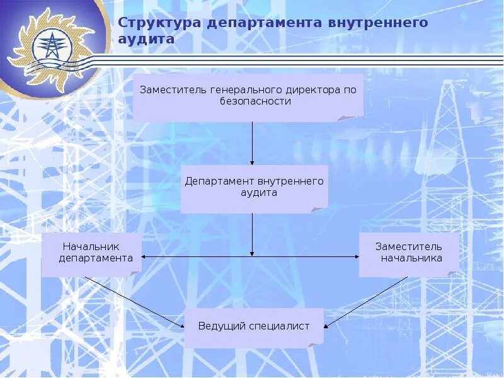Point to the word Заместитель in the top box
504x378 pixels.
click(170, 89)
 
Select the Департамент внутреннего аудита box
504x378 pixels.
click(254, 188)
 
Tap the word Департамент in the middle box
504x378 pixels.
click(217, 181)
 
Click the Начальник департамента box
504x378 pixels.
click(91, 253)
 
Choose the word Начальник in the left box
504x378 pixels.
click(91, 246)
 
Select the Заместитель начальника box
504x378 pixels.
click(408, 253)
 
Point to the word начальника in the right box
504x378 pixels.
click(411, 258)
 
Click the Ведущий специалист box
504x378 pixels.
click(254, 327)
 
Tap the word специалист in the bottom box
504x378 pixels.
click(280, 326)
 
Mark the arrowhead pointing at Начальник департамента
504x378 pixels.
click(144, 256)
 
